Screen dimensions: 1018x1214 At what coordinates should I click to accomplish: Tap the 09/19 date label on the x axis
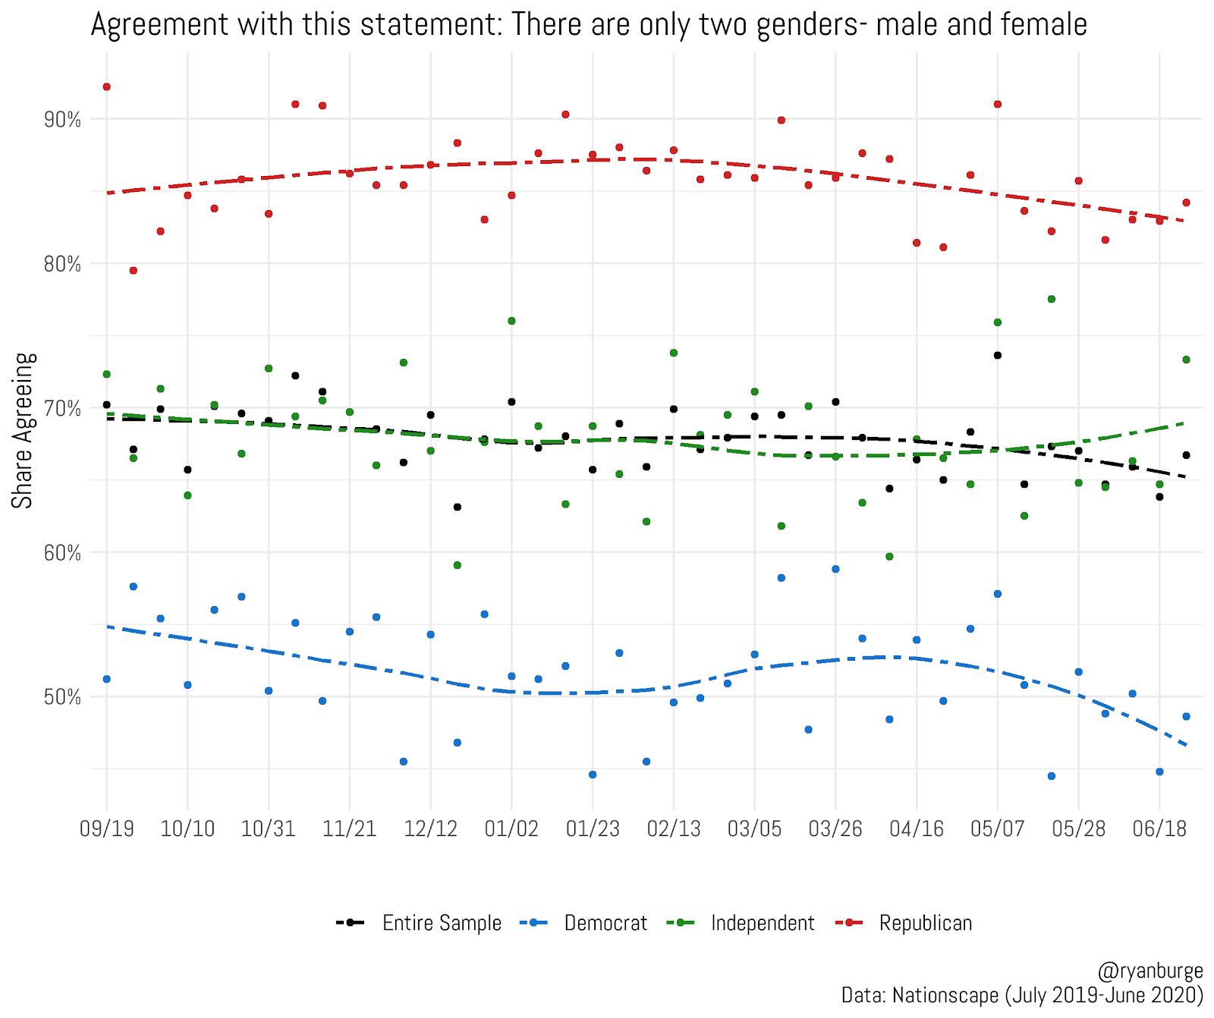pyautogui.click(x=107, y=828)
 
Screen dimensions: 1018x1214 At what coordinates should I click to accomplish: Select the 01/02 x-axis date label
pyautogui.click(x=511, y=828)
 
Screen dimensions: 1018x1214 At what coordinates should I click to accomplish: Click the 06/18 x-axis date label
pyautogui.click(x=1159, y=828)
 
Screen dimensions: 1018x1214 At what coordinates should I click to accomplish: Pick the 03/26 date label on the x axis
pyautogui.click(x=835, y=828)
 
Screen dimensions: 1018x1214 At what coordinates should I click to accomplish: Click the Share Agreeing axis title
pyautogui.click(x=23, y=430)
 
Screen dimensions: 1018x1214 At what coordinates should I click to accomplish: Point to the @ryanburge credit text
pyautogui.click(x=1150, y=971)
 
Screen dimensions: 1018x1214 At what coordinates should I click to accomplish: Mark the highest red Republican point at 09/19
pyautogui.click(x=107, y=87)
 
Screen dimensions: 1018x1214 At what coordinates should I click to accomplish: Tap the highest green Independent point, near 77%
pyautogui.click(x=1052, y=300)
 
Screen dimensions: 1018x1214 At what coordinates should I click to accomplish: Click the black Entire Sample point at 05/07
pyautogui.click(x=998, y=356)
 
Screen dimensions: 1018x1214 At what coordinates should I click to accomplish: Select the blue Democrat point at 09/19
pyautogui.click(x=107, y=679)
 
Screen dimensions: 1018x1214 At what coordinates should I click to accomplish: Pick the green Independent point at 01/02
pyautogui.click(x=511, y=322)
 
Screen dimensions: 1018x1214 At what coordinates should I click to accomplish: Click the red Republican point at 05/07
pyautogui.click(x=998, y=104)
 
